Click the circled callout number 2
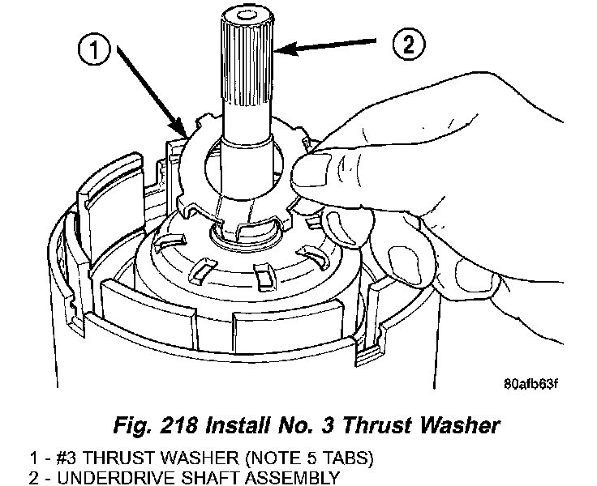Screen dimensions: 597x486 409,45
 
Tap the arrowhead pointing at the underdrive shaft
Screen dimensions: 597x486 286,49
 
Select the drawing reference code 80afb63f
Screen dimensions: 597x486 530,384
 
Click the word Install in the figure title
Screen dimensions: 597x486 238,424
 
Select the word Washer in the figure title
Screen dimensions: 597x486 460,424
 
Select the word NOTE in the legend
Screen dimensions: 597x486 273,458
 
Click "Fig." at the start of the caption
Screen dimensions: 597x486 132,425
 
